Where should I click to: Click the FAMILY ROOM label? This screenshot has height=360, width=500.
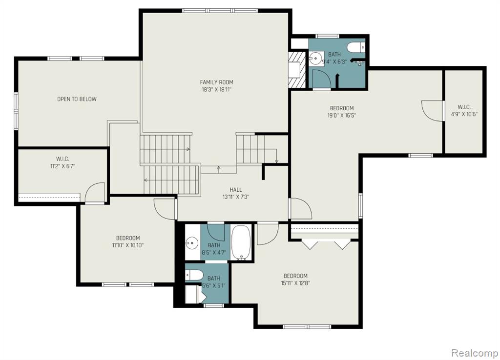(216, 82)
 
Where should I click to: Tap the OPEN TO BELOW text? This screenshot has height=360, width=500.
(77, 99)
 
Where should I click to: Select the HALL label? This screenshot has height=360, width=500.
(236, 190)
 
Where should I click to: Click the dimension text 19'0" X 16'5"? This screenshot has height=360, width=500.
(341, 115)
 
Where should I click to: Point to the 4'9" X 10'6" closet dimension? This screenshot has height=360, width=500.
(464, 114)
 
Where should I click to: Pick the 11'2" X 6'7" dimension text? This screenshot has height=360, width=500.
(63, 166)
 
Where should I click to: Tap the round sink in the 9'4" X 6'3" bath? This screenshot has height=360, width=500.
(316, 59)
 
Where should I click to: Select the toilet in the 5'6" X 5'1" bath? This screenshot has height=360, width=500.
(194, 275)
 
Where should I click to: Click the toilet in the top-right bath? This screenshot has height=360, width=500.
(356, 47)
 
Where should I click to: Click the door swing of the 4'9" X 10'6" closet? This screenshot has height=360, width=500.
(433, 111)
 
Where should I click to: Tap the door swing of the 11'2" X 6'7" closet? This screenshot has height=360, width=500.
(95, 192)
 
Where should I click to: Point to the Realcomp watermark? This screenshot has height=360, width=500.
(475, 353)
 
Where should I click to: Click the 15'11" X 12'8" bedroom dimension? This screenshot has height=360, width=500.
(295, 283)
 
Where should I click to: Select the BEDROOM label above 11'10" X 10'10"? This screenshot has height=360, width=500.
(128, 238)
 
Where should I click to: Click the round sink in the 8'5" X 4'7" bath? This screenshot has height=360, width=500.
(192, 243)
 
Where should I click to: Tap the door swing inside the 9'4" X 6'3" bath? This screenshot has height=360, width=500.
(322, 79)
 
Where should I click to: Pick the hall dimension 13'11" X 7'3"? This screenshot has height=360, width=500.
(236, 197)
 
